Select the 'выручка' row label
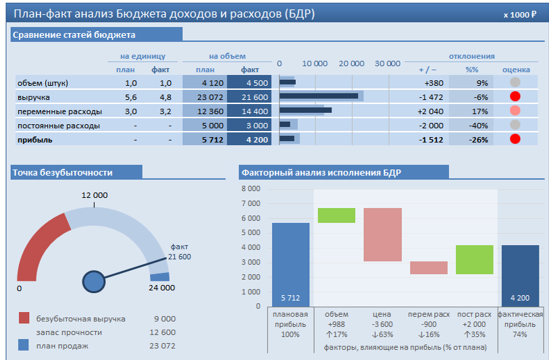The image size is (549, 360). pos(34,97)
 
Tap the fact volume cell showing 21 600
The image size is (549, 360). pos(249,97)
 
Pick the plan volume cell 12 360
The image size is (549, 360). pos(205,111)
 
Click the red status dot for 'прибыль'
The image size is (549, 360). pos(515,139)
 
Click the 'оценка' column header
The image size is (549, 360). pos(516,70)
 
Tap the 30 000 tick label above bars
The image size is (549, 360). pos(387,63)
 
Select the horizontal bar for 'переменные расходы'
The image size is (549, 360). pos(305,110)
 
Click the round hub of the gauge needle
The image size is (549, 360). pos(94,280)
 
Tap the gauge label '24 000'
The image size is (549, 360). pos(161,288)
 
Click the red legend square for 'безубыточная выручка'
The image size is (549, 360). pos(24,318)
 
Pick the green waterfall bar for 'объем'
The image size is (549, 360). pos(336,215)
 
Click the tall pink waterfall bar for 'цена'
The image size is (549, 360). pos(382,234)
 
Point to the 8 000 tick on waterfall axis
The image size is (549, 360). pos(251,188)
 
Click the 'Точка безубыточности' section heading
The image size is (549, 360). pos(63,173)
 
